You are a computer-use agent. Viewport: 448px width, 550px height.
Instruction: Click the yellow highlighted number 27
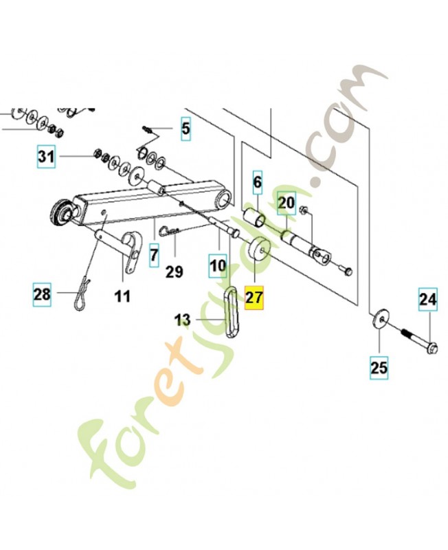pyautogui.click(x=254, y=298)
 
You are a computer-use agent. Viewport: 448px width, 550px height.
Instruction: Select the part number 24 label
pyautogui.click(x=427, y=300)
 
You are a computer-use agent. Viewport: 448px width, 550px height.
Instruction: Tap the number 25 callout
pyautogui.click(x=379, y=368)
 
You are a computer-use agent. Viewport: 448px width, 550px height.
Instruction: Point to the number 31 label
pyautogui.click(x=47, y=157)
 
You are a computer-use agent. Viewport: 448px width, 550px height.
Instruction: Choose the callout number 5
pyautogui.click(x=186, y=129)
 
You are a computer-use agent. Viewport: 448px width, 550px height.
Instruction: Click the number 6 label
pyautogui.click(x=258, y=182)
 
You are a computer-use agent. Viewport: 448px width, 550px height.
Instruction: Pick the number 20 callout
pyautogui.click(x=154, y=255)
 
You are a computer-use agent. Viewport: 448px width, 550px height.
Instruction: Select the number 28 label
pyautogui.click(x=42, y=294)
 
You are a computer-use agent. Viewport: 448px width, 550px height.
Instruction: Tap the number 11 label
pyautogui.click(x=123, y=296)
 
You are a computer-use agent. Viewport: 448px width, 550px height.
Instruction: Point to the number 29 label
pyautogui.click(x=175, y=272)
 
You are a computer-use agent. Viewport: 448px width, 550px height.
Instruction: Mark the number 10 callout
pyautogui.click(x=218, y=265)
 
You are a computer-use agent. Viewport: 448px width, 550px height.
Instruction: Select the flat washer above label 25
pyautogui.click(x=380, y=319)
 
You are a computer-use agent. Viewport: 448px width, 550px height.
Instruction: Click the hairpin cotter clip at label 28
pyautogui.click(x=82, y=294)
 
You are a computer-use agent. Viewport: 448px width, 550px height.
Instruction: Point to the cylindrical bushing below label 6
pyautogui.click(x=255, y=217)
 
